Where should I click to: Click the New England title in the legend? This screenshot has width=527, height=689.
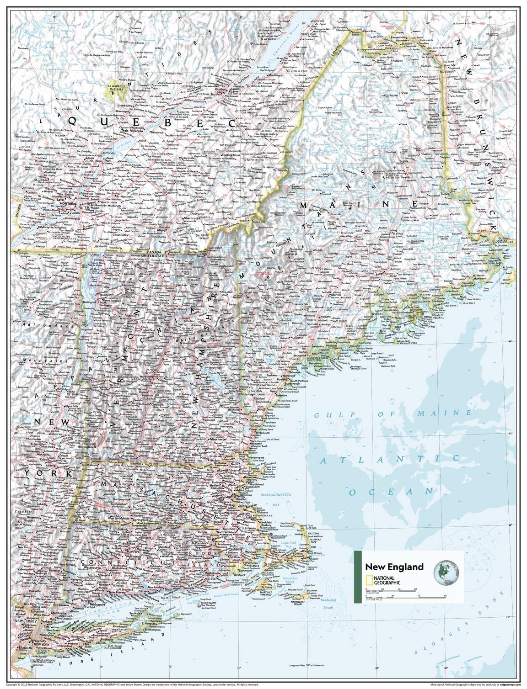click(394, 567)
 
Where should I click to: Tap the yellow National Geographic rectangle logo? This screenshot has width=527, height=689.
click(369, 580)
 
